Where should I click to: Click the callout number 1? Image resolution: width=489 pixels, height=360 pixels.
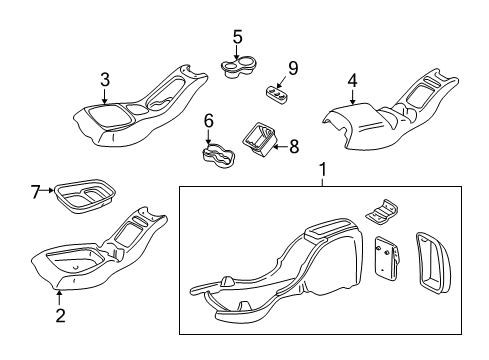click(322, 170)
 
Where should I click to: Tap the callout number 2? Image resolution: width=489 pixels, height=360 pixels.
click(60, 315)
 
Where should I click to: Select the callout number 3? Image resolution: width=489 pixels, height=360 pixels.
click(105, 80)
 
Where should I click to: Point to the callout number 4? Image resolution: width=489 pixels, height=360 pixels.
click(352, 81)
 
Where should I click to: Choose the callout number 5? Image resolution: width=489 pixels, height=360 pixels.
click(237, 37)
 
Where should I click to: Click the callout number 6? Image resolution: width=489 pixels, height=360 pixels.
click(209, 121)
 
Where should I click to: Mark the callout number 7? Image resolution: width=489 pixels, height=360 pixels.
click(36, 192)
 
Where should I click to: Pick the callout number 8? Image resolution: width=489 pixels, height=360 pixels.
click(294, 146)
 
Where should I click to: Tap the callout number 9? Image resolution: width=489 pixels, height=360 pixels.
click(293, 68)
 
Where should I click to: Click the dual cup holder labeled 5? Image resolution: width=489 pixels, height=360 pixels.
click(239, 67)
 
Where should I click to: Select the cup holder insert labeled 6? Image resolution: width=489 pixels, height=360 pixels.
click(218, 156)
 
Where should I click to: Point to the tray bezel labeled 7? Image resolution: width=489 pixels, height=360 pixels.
click(85, 196)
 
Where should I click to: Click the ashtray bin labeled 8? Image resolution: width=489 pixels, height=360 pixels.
click(260, 139)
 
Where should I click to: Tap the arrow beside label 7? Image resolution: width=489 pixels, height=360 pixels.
click(48, 190)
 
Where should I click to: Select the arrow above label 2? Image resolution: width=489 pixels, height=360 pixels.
click(59, 298)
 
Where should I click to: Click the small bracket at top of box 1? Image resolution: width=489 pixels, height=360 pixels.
click(382, 212)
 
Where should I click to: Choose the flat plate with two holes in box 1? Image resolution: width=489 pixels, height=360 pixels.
click(387, 257)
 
